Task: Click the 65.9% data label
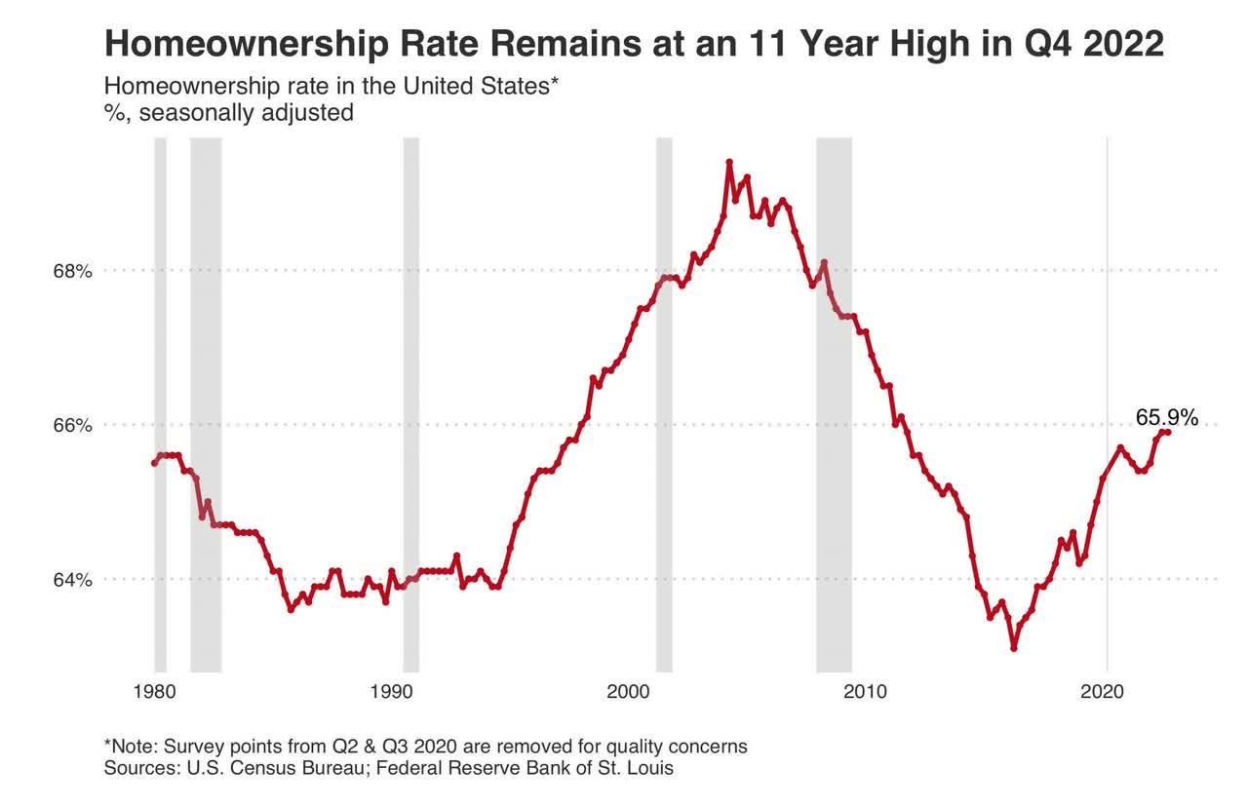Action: pos(1166,417)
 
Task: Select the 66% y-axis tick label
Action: pos(72,425)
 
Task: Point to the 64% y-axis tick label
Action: pos(72,580)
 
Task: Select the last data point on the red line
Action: pos(1168,432)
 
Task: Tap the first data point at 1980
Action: pos(154,463)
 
